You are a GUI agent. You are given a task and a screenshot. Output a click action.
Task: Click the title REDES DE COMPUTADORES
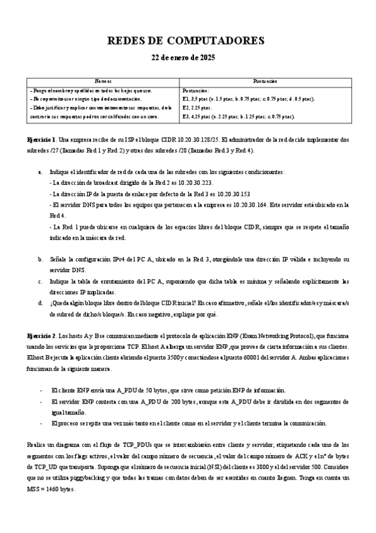(x=187, y=41)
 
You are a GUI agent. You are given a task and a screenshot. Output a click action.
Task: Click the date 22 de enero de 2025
(x=187, y=57)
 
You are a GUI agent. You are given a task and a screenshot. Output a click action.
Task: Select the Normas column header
(x=103, y=82)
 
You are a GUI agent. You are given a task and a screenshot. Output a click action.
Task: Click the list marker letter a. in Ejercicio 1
(x=41, y=171)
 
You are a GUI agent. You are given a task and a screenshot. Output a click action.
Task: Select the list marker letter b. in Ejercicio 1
(x=41, y=259)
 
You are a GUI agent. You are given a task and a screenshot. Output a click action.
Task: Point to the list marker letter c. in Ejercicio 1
(x=41, y=281)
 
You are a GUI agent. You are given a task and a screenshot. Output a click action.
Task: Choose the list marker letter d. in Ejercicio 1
(x=41, y=302)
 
